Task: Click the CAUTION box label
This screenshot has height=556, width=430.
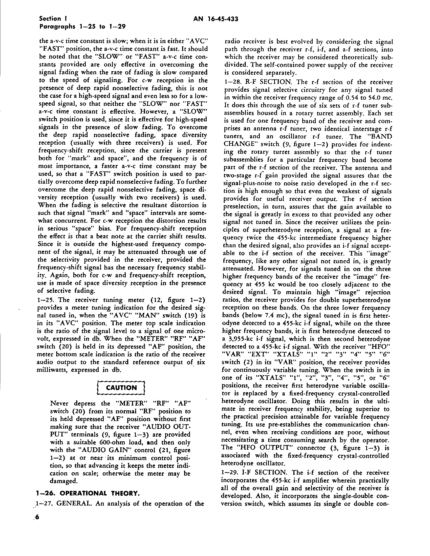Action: [121, 388]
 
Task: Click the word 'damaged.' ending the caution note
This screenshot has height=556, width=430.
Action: [63, 482]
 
